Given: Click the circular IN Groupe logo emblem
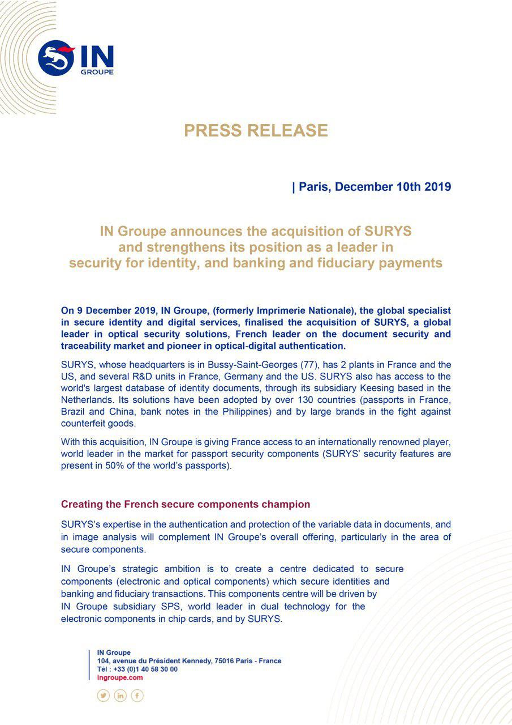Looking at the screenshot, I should [x=56, y=58].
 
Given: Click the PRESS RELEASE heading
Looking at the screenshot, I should [x=256, y=131].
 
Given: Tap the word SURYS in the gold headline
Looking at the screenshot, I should [x=389, y=232].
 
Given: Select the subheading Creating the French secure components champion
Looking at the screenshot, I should [x=186, y=504].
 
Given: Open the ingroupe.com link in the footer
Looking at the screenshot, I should [x=120, y=677].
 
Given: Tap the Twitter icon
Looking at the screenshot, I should [x=103, y=696].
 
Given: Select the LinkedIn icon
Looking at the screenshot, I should [x=120, y=696].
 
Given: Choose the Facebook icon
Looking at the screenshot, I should [x=137, y=696].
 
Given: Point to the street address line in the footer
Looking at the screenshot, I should [x=189, y=661].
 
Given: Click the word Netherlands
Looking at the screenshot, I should [x=87, y=400].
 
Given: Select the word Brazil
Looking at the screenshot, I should [x=74, y=412].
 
